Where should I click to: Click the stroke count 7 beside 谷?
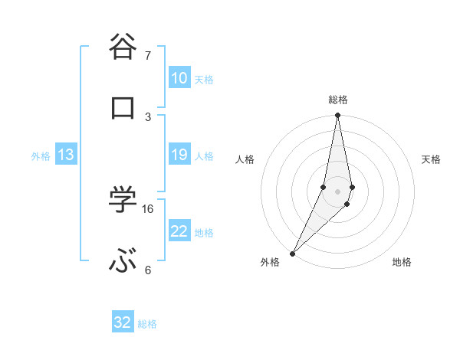coord(148,55)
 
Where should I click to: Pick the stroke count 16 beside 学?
coord(148,208)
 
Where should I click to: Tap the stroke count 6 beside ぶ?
coord(148,270)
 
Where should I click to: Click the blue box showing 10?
coord(179,78)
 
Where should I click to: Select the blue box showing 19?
coord(179,155)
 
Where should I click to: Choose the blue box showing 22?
coord(179,231)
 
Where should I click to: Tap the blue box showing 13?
coord(66,155)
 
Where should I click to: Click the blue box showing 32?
coord(123,322)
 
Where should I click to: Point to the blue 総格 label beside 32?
coord(148,324)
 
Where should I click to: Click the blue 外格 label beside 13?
coord(41,156)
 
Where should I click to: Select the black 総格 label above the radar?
coord(338,100)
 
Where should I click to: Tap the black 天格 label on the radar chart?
coord(432,159)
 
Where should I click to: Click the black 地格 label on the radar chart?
coord(402,262)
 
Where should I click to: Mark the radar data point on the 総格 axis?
coord(337,116)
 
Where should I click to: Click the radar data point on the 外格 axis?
coord(292,253)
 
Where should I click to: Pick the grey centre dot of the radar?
coord(337,191)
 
